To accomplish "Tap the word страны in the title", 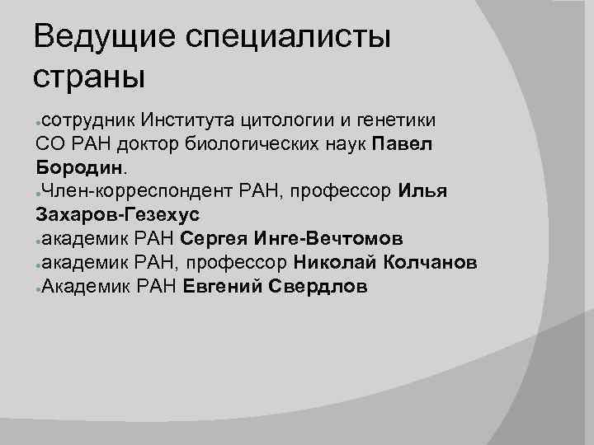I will [89, 77].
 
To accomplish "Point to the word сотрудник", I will [88, 120].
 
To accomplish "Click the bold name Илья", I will [422, 192].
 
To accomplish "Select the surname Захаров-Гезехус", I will [118, 216].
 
